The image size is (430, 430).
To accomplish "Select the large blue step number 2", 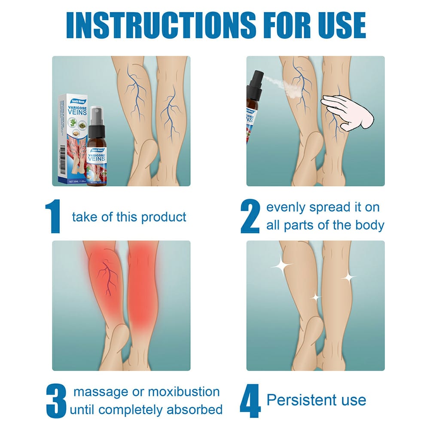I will pyautogui.click(x=250, y=217).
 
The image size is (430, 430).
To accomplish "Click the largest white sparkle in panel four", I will pyautogui.click(x=282, y=265).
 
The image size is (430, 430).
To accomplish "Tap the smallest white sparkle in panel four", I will pyautogui.click(x=316, y=297).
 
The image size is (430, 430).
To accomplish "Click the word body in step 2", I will pyautogui.click(x=369, y=226).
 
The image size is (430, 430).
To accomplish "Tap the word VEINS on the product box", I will pyautogui.click(x=77, y=113).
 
